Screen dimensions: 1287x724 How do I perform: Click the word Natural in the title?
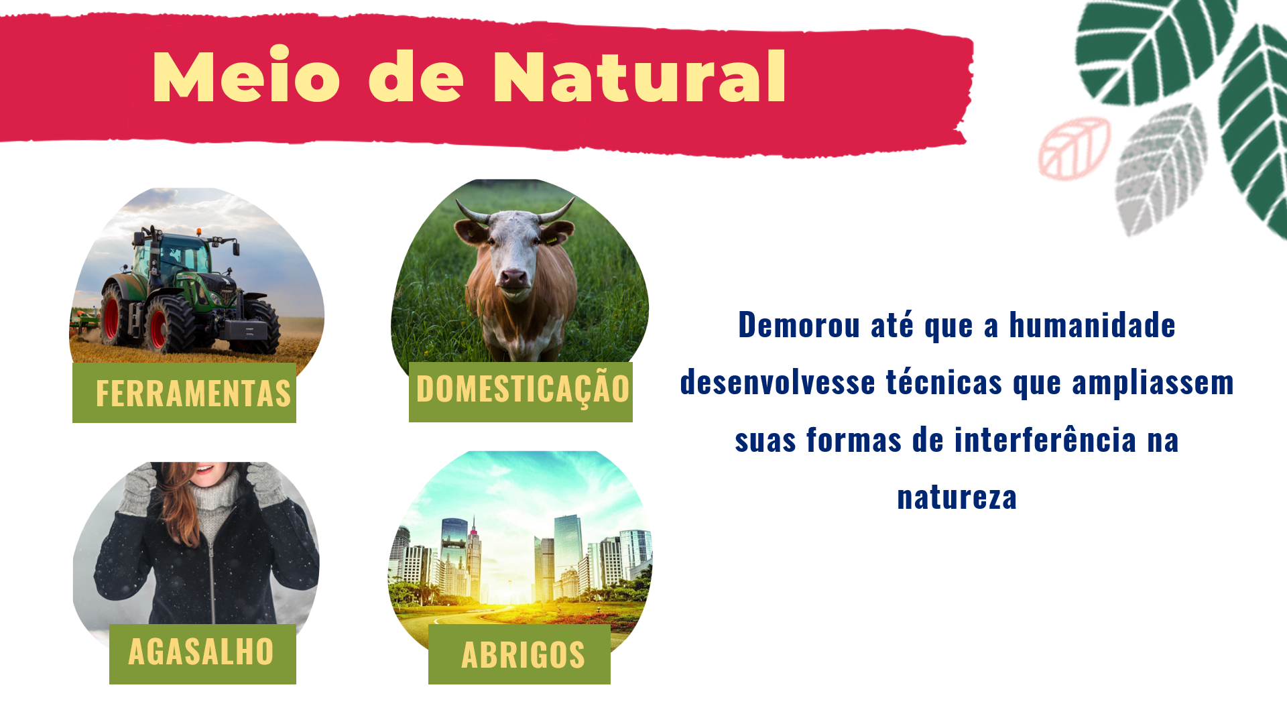click(x=639, y=76)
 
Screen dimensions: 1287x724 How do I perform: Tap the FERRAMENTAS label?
click(x=193, y=394)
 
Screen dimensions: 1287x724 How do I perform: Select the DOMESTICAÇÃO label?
click(x=523, y=389)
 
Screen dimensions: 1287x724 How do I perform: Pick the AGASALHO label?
click(x=201, y=652)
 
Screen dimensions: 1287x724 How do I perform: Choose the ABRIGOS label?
click(x=523, y=655)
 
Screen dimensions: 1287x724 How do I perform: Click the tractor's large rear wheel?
click(x=168, y=324)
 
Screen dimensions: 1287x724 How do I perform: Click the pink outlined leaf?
click(x=1074, y=149)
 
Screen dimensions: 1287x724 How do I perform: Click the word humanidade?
click(x=1092, y=325)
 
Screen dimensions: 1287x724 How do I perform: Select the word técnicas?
click(x=944, y=383)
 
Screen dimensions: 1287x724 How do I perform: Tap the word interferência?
click(x=1045, y=440)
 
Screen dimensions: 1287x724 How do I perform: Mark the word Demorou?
click(x=799, y=325)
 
